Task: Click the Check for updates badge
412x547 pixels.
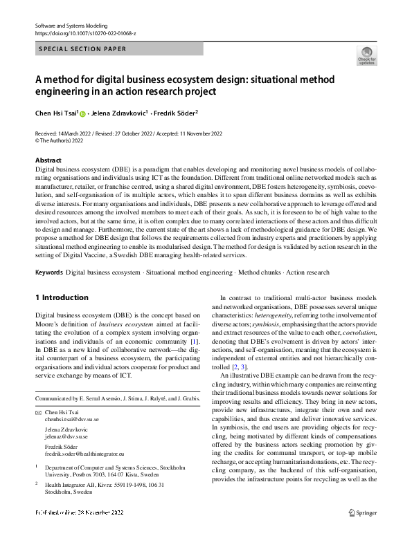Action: (366, 55)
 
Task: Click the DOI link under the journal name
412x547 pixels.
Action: (86, 33)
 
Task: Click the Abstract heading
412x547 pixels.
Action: (48, 160)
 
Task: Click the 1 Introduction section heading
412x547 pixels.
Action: (62, 297)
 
